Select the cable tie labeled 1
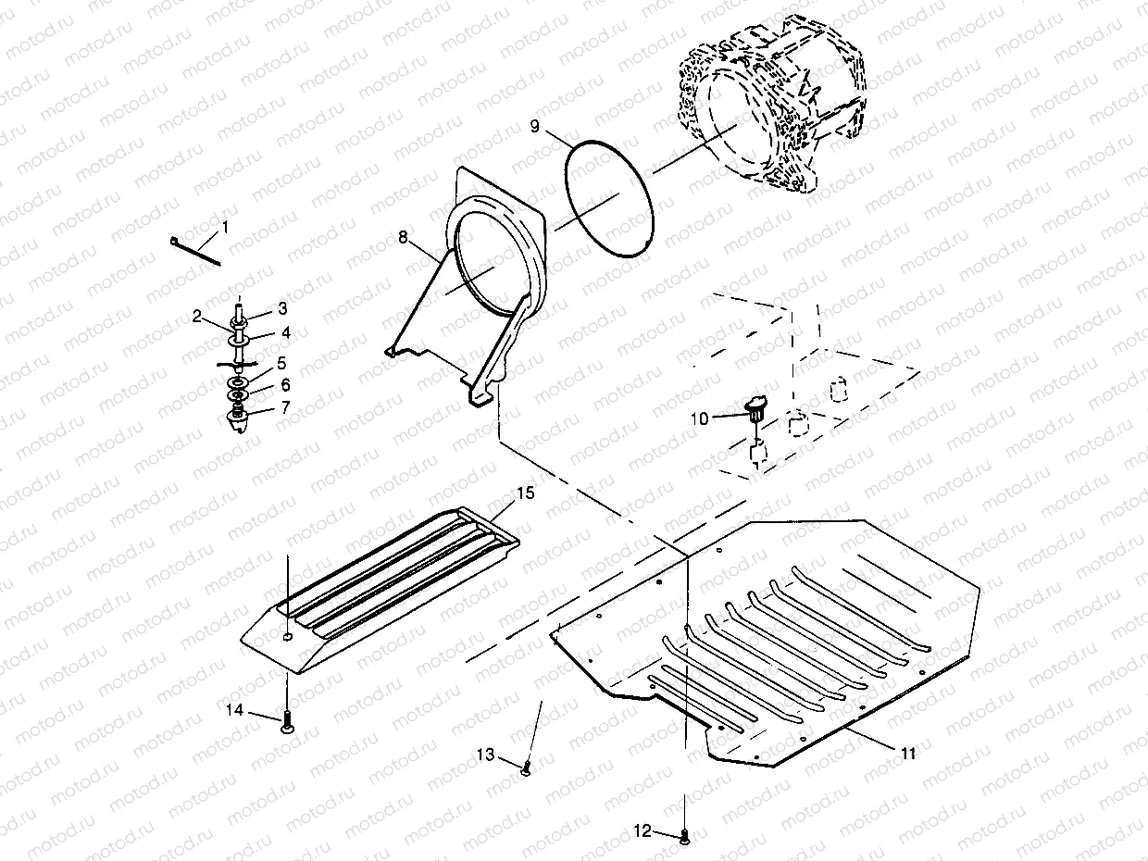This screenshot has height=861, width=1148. coord(194,251)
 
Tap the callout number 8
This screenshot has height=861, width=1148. coord(403,238)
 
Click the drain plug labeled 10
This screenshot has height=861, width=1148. coord(756,408)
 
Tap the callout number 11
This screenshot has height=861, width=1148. coord(908,754)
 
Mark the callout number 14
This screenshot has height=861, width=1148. coord(236,710)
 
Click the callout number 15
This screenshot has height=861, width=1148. coord(525,493)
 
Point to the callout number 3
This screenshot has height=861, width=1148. coord(282,307)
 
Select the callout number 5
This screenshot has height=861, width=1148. coord(282,363)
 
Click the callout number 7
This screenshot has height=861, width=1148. coord(284,406)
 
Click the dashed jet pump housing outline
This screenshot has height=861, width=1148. coord(778,116)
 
